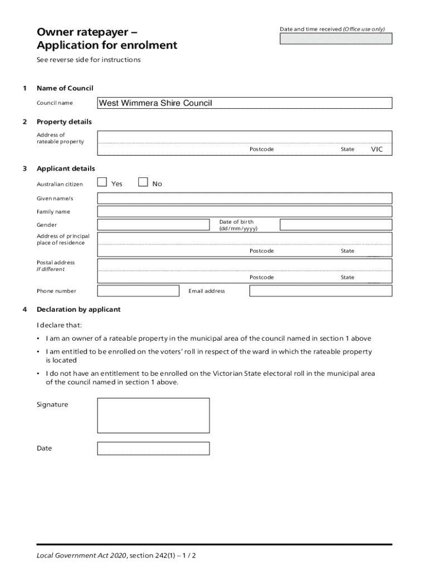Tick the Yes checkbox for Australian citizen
coord(102,182)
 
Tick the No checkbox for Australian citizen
coord(143,182)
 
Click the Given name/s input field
coord(245,198)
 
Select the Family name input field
coord(245,211)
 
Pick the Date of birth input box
coord(335,225)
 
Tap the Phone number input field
coord(138,291)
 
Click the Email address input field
coord(320,291)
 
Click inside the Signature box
coord(153,415)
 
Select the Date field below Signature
coord(153,448)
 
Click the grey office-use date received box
coord(335,38)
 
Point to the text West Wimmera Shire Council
coord(155,103)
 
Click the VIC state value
coord(377,149)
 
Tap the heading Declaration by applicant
coord(79,309)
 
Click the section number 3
coord(24,168)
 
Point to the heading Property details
coord(64,122)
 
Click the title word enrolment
coord(150,45)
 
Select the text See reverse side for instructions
coord(89,60)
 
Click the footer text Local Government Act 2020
coord(81,555)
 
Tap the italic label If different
coord(51,269)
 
